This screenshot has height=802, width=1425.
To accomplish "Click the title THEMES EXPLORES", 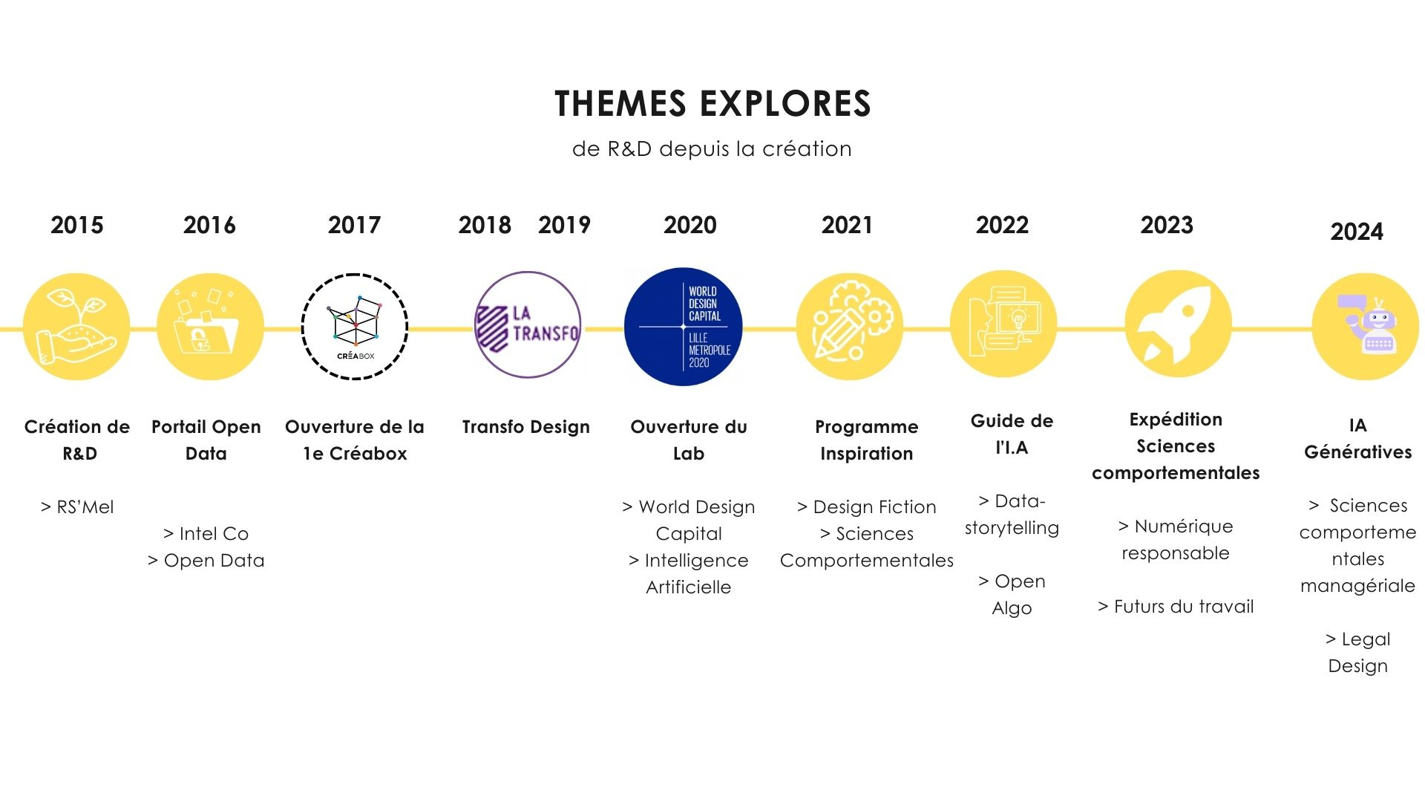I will pyautogui.click(x=712, y=104).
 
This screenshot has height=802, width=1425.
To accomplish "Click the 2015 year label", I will pyautogui.click(x=77, y=225).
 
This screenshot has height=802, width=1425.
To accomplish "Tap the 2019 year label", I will pyautogui.click(x=564, y=225).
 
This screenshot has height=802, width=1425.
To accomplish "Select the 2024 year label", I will pyautogui.click(x=1357, y=232).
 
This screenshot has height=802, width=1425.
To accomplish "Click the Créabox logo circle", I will pyautogui.click(x=355, y=327).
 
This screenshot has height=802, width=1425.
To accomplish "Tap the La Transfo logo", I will pyautogui.click(x=528, y=325).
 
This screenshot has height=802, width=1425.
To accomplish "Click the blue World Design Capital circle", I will pyautogui.click(x=683, y=327).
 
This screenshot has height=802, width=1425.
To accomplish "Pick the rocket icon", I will pyautogui.click(x=1178, y=325).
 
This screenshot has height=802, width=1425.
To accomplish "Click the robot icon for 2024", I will pyautogui.click(x=1366, y=327).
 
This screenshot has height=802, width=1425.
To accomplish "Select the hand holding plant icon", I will pyautogui.click(x=76, y=327).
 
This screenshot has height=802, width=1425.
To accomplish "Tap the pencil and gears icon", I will pyautogui.click(x=850, y=327).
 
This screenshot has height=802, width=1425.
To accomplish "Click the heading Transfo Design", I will pyautogui.click(x=525, y=427).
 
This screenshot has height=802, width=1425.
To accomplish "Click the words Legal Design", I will pyautogui.click(x=1357, y=652).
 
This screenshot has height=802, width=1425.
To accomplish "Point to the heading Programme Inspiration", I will pyautogui.click(x=866, y=440).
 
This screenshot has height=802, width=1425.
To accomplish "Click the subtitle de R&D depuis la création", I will pyautogui.click(x=712, y=149).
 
